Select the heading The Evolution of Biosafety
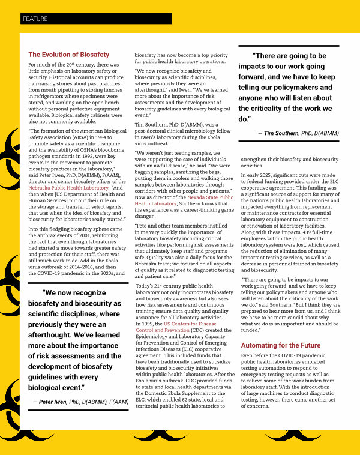69,55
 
